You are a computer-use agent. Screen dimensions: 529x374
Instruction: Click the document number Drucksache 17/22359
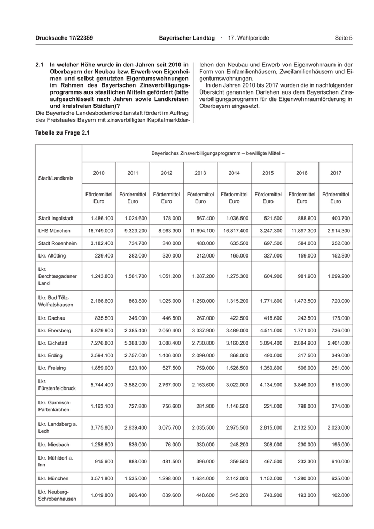click(64, 38)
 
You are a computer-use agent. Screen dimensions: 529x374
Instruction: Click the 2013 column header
click(200, 173)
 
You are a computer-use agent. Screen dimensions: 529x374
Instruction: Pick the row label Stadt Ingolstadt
click(56, 219)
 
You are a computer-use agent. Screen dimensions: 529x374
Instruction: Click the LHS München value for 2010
click(99, 230)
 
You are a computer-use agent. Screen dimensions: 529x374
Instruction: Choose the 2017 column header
click(336, 173)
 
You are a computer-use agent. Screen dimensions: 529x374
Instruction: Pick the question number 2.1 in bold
click(39, 64)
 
